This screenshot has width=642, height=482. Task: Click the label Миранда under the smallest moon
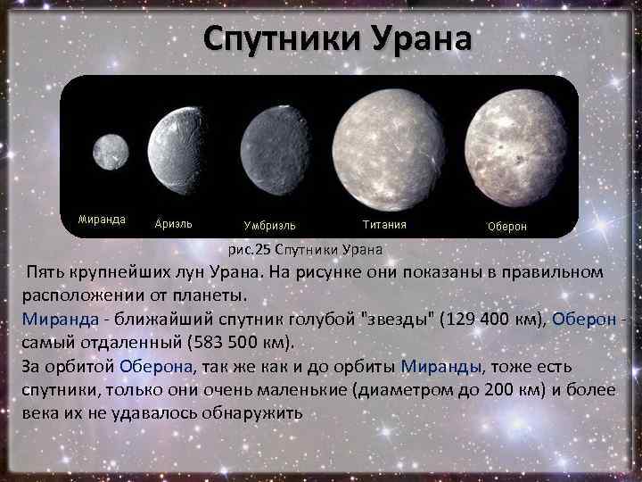point(102,219)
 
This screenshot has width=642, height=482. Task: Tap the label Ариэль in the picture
point(173,224)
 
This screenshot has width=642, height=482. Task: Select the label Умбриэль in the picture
point(270,226)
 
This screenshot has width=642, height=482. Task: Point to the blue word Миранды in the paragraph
point(440,366)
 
